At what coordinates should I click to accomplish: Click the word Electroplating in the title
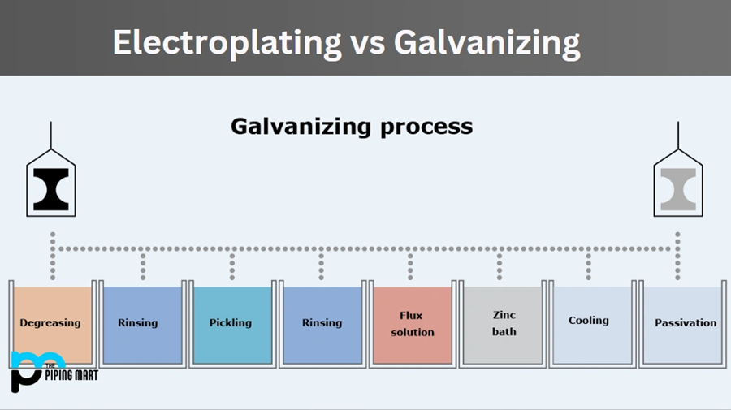pyautogui.click(x=227, y=44)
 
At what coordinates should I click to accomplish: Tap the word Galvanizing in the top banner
pyautogui.click(x=487, y=44)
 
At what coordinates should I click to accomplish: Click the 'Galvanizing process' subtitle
pyautogui.click(x=352, y=127)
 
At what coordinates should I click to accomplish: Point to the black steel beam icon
pyautogui.click(x=51, y=190)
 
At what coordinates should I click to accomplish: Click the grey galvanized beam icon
pyautogui.click(x=678, y=190)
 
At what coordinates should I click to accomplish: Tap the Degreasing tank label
pyautogui.click(x=50, y=323)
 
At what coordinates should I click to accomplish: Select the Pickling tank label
pyautogui.click(x=231, y=323)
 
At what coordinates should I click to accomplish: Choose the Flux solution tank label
pyautogui.click(x=412, y=324)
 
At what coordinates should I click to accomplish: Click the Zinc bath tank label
pyautogui.click(x=504, y=323)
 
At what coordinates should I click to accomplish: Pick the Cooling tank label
pyautogui.click(x=588, y=321)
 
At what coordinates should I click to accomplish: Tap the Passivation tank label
pyautogui.click(x=686, y=323)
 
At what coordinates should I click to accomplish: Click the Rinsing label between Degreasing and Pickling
pyautogui.click(x=137, y=323)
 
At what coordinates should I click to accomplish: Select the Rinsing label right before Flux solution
pyautogui.click(x=322, y=323)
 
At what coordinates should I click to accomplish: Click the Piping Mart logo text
pyautogui.click(x=71, y=375)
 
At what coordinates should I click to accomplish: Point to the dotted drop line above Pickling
pyautogui.click(x=232, y=266)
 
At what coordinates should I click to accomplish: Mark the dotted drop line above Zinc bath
pyautogui.click(x=500, y=266)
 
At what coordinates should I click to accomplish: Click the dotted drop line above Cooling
pyautogui.click(x=588, y=266)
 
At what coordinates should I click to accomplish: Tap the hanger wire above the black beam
pyautogui.click(x=51, y=136)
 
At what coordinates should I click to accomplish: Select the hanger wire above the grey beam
pyautogui.click(x=678, y=136)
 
